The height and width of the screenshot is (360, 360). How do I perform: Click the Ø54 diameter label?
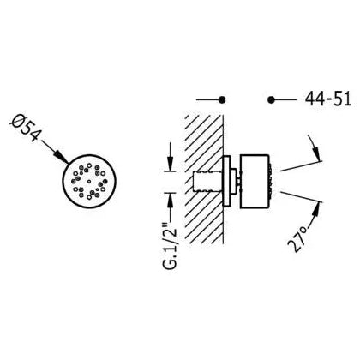[26, 127]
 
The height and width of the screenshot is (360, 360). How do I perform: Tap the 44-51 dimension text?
[328, 99]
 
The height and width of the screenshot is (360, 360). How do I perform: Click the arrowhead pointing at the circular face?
[62, 157]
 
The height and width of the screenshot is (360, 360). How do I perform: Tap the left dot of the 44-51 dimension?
[222, 99]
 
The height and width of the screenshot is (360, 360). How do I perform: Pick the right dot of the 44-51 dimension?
[271, 99]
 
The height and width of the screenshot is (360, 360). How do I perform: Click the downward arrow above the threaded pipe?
[171, 157]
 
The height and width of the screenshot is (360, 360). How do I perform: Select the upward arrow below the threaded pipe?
[171, 207]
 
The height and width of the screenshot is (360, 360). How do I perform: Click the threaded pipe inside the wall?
[207, 182]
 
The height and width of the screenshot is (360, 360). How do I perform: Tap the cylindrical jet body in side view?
[255, 182]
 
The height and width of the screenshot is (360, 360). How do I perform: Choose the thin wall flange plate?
[226, 182]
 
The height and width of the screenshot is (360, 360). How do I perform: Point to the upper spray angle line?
[301, 166]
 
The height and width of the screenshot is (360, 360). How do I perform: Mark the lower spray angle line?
[301, 197]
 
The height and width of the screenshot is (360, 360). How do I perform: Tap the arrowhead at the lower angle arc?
[316, 209]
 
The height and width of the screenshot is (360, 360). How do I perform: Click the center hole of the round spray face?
[89, 181]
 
